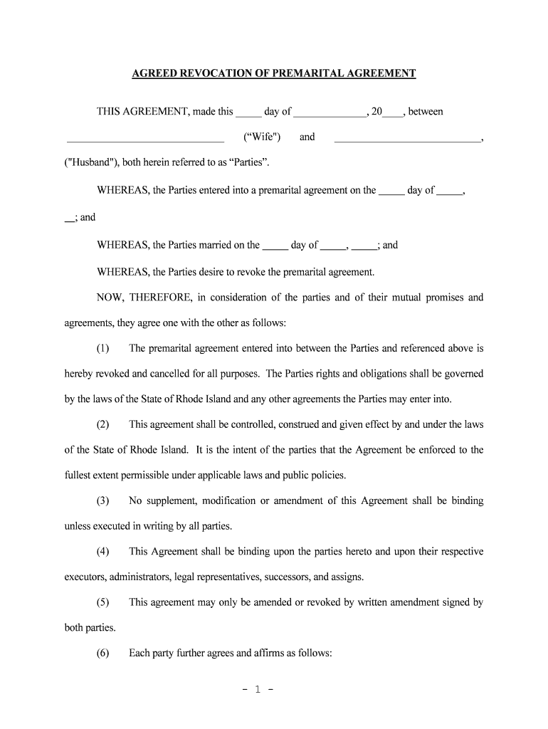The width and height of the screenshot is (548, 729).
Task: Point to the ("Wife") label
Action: click(262, 137)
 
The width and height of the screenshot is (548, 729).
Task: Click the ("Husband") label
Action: click(90, 162)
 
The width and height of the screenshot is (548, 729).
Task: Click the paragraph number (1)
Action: click(103, 348)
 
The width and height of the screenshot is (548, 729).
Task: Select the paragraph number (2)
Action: click(103, 424)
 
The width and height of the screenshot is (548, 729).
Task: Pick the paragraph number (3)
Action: click(103, 500)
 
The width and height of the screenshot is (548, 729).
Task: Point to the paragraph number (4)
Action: click(103, 552)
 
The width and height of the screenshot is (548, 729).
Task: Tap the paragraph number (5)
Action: click(103, 602)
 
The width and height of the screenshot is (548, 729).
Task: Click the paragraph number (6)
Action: click(103, 653)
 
